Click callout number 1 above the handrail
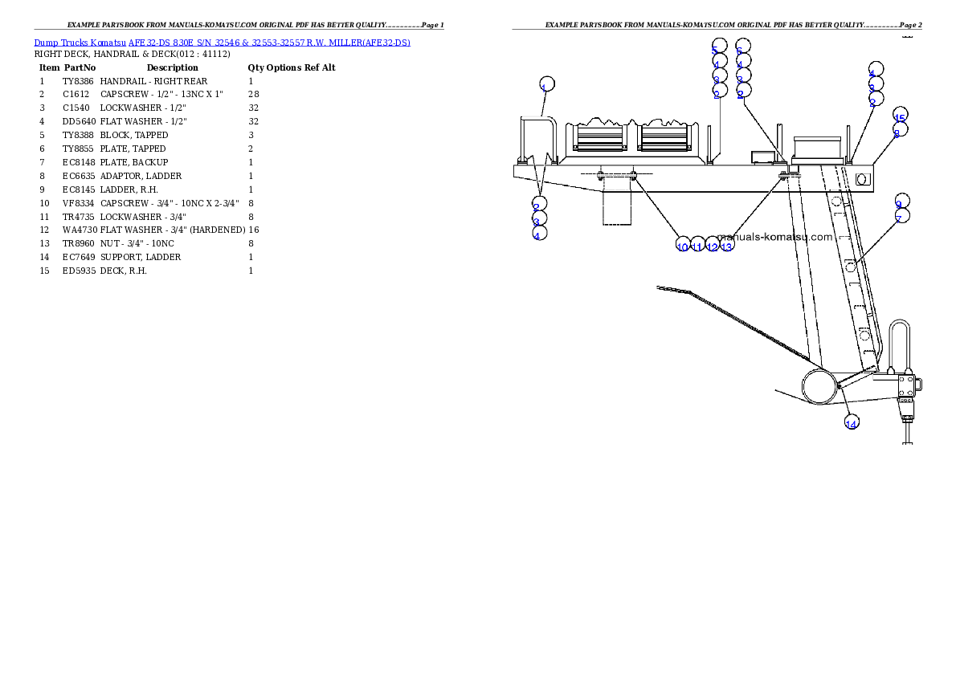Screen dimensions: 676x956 (545, 85)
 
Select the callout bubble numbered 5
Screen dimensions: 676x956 (718, 47)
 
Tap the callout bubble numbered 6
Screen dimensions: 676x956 (742, 47)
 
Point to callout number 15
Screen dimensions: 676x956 (900, 116)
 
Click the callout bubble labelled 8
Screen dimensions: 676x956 (900, 131)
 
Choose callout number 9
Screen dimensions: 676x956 (902, 202)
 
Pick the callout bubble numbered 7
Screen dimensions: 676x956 (902, 216)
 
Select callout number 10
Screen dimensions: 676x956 (683, 244)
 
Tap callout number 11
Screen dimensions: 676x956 (697, 244)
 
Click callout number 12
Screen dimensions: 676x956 (712, 244)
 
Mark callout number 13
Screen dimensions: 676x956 (726, 244)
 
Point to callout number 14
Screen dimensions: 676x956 (852, 422)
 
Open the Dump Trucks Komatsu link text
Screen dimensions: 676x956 (222, 42)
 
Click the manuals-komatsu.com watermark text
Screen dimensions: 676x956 (774, 237)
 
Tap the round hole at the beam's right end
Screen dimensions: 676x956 (863, 179)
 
